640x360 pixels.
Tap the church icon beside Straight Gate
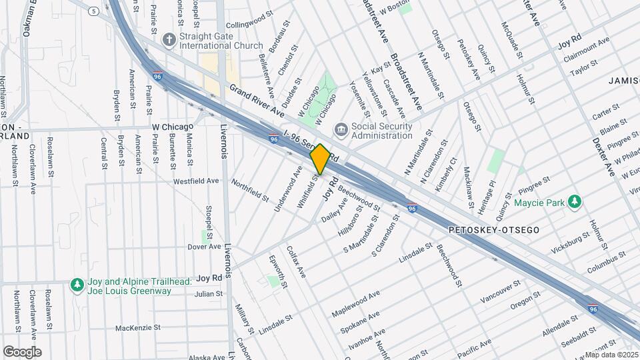(169, 40)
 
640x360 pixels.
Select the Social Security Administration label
(381, 131)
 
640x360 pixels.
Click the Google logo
(22, 351)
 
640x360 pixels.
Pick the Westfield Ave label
(196, 181)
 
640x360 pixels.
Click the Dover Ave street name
(204, 246)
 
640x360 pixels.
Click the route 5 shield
(94, 11)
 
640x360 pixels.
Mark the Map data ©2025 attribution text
(612, 355)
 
